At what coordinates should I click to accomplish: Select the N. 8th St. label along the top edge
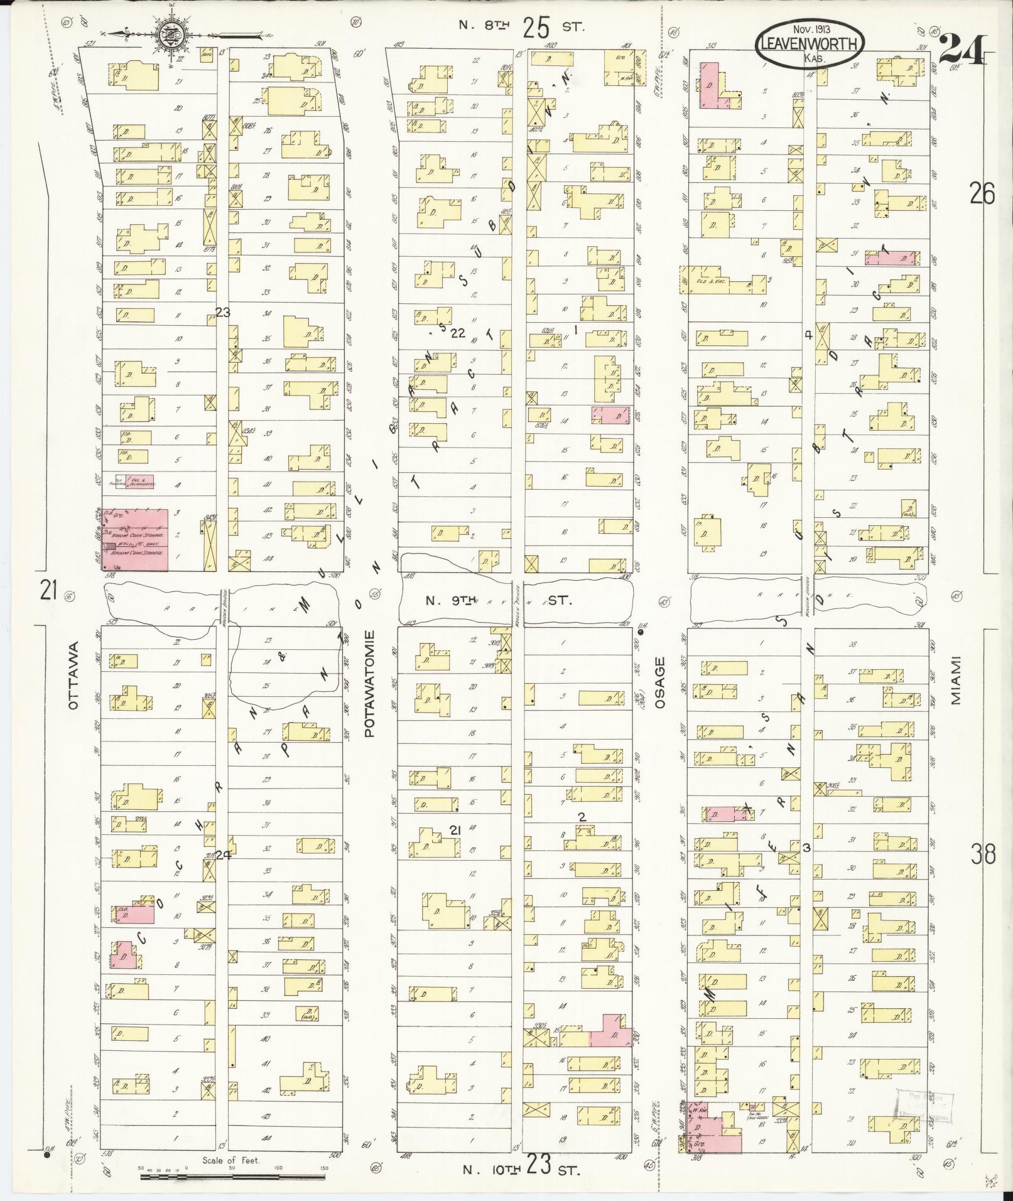[x=521, y=26]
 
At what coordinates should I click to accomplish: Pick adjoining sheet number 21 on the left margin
[x=49, y=591]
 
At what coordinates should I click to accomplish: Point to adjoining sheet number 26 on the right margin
[x=982, y=195]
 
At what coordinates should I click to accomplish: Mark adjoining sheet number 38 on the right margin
[x=982, y=855]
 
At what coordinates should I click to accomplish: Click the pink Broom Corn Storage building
[x=136, y=539]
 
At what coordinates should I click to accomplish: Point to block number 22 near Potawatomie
[x=458, y=333]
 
